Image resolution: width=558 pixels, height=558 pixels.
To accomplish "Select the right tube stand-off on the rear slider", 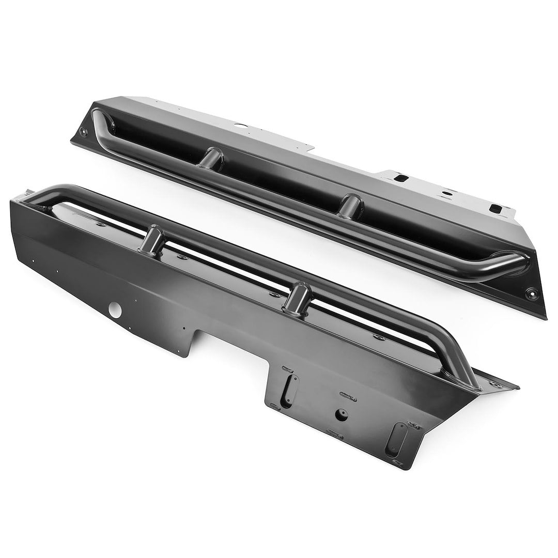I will [x=352, y=204].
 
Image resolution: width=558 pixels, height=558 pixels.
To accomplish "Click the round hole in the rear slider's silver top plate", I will [x=241, y=124].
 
